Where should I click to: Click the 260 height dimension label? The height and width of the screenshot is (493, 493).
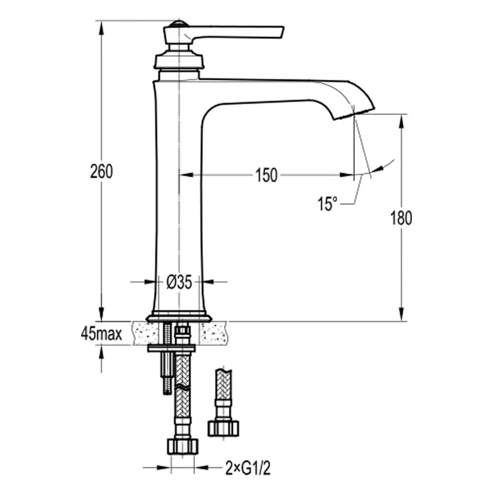point(101,172)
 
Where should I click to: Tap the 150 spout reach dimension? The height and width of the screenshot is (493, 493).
point(266,175)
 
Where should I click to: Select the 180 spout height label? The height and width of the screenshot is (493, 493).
point(401,218)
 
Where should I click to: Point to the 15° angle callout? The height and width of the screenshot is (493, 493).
point(327,204)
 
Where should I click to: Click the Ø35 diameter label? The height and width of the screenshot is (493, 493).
point(179,282)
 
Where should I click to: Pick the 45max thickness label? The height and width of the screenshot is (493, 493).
point(101,334)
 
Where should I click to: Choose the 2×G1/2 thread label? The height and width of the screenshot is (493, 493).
point(248,468)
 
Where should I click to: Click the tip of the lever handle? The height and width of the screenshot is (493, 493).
point(282,32)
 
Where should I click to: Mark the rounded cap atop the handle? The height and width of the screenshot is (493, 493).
point(179,24)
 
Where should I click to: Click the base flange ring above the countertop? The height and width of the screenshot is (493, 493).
point(178,317)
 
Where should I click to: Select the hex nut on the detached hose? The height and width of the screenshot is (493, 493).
point(223,428)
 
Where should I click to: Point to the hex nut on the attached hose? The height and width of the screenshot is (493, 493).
point(183,446)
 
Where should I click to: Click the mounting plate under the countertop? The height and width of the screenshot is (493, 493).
point(172,348)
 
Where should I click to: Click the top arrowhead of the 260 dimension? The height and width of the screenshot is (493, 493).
point(101,28)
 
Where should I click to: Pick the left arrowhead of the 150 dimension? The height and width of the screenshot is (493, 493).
point(186,175)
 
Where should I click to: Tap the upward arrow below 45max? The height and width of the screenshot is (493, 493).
point(101,359)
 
